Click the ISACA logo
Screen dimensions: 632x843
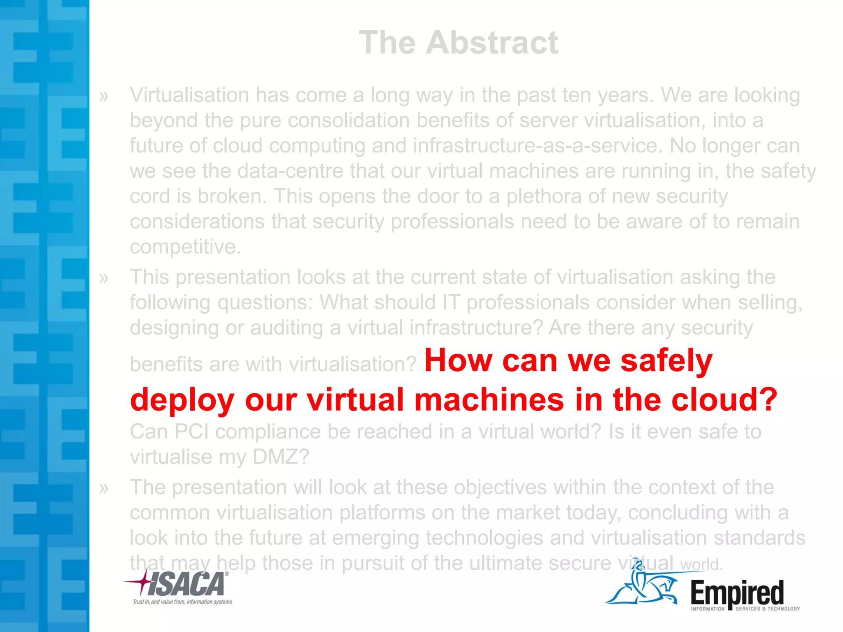pyautogui.click(x=181, y=584)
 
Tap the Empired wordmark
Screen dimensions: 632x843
pyautogui.click(x=737, y=592)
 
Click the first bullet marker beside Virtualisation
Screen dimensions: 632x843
pyautogui.click(x=104, y=96)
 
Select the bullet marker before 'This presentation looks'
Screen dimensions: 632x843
pyautogui.click(x=104, y=278)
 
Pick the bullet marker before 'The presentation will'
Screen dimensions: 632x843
pyautogui.click(x=104, y=488)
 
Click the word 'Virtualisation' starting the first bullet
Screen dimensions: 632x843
pyautogui.click(x=189, y=95)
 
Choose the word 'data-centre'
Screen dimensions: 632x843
pyautogui.click(x=290, y=171)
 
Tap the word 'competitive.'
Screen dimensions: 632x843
pyautogui.click(x=185, y=247)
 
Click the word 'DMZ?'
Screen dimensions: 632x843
pyautogui.click(x=280, y=457)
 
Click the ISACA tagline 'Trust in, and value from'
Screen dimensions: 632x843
pyautogui.click(x=182, y=602)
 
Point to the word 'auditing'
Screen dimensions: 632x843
pyautogui.click(x=286, y=328)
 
